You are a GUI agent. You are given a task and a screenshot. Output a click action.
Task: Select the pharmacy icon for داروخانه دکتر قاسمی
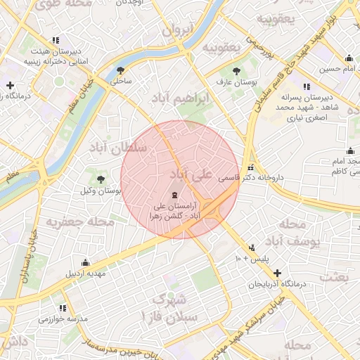(x=251, y=167)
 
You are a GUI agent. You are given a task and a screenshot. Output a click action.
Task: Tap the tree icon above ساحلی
(x=121, y=70)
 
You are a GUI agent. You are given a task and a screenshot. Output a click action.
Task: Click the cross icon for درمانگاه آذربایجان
(x=278, y=273)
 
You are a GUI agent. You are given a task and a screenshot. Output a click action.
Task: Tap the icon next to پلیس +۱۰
(x=252, y=247)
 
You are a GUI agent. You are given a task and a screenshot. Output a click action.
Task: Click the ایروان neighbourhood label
(x=176, y=31)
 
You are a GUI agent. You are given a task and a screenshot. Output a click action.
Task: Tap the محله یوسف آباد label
(x=309, y=233)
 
